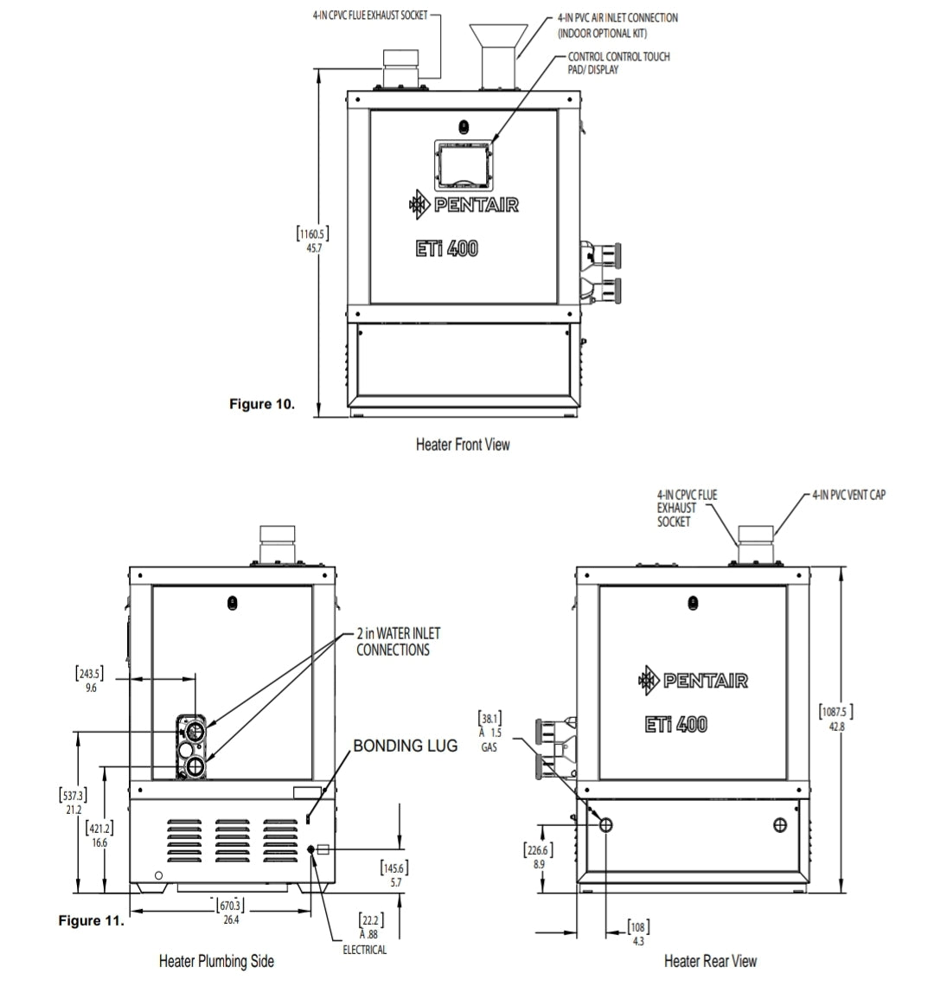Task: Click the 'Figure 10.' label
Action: point(261,404)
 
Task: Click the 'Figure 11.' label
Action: point(91,920)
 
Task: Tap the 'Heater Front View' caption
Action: point(463,445)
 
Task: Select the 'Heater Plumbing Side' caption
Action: point(216,961)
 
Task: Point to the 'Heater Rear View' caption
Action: point(710,961)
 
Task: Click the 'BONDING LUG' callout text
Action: point(405,746)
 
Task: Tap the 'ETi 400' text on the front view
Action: point(446,249)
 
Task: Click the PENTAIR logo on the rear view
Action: point(693,681)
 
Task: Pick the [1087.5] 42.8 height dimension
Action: point(835,720)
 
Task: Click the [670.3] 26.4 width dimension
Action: point(231,912)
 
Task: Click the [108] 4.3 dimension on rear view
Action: point(637,933)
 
